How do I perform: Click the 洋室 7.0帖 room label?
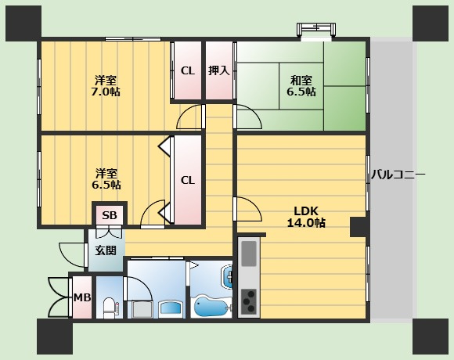pyautogui.click(x=106, y=85)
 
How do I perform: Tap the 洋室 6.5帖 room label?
pyautogui.click(x=106, y=179)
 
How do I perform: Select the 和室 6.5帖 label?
pyautogui.click(x=301, y=85)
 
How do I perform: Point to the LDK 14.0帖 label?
pyautogui.click(x=306, y=217)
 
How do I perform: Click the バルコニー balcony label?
pyautogui.click(x=398, y=175)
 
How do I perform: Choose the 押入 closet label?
pyautogui.click(x=219, y=70)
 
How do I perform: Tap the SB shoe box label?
pyautogui.click(x=110, y=215)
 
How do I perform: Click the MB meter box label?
pyautogui.click(x=82, y=297)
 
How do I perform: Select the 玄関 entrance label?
pyautogui.click(x=106, y=250)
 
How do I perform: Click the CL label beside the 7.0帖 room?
pyautogui.click(x=188, y=71)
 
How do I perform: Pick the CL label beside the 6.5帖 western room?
pyautogui.click(x=188, y=180)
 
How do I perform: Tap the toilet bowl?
pyautogui.click(x=109, y=308)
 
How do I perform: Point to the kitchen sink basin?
pyautogui.click(x=249, y=254)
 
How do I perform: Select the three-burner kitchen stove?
pyautogui.click(x=249, y=301)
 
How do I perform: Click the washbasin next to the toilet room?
pyautogui.click(x=171, y=309)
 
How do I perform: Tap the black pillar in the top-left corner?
pyautogui.click(x=23, y=23)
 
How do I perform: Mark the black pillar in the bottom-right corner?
pyautogui.click(x=431, y=337)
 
